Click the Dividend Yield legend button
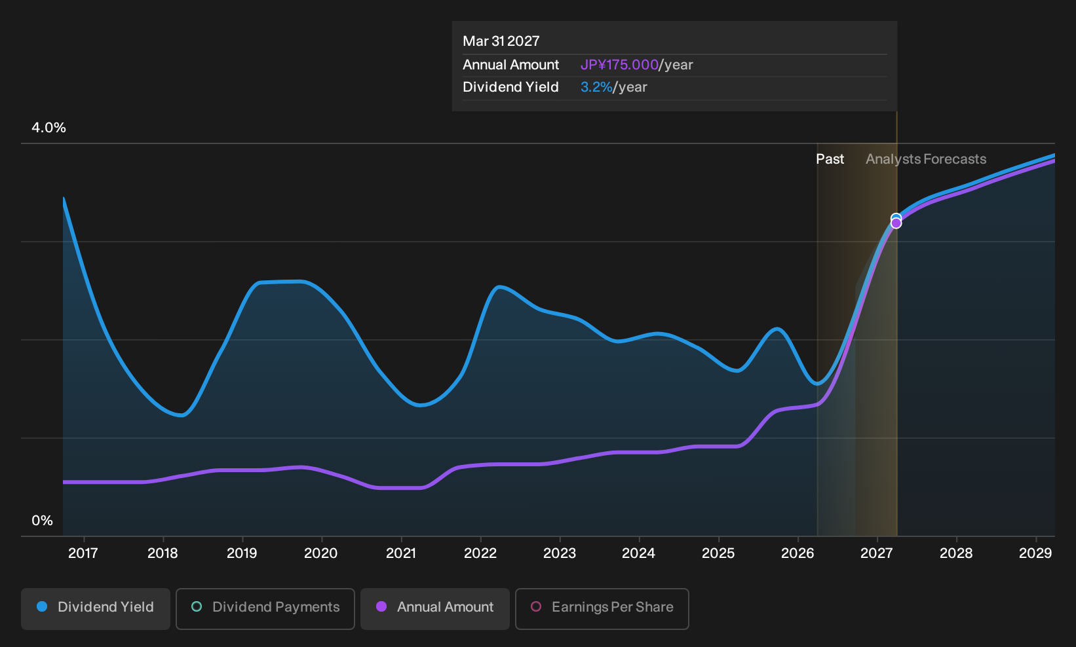(96, 608)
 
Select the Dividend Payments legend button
(265, 608)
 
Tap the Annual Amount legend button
(434, 608)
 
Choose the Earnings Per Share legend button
(602, 608)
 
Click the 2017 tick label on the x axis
(83, 553)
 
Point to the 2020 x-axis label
(321, 553)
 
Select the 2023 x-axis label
(559, 553)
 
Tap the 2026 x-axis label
(797, 553)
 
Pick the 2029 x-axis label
(1035, 553)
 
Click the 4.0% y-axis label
(48, 128)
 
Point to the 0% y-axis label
(43, 521)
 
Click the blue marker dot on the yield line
(896, 218)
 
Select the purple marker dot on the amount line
(896, 224)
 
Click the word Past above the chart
(830, 159)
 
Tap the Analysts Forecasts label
(926, 159)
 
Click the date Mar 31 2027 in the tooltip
(501, 41)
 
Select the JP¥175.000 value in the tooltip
(619, 65)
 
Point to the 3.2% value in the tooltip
(596, 87)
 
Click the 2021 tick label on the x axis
(400, 553)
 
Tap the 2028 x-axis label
(956, 553)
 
